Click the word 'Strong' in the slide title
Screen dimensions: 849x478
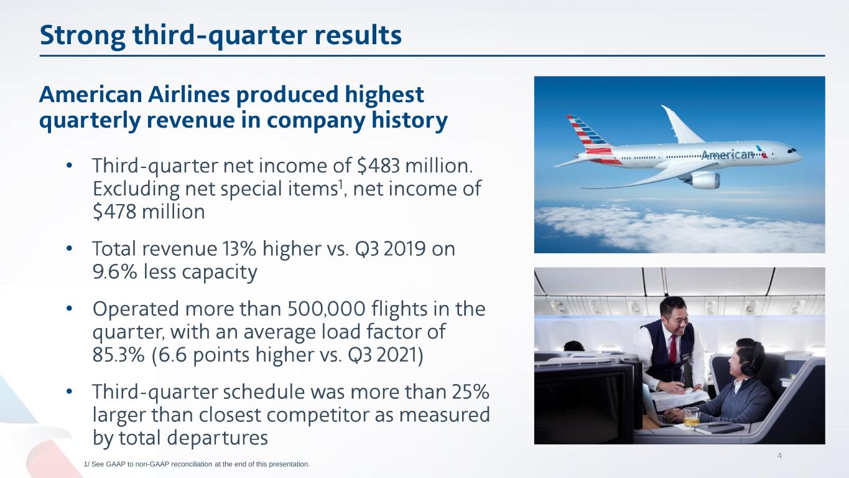82,35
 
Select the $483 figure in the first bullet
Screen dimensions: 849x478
378,166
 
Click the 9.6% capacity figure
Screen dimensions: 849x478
115,272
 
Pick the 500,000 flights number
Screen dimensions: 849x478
326,309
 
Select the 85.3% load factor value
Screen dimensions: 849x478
119,355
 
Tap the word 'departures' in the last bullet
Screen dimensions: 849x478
218,438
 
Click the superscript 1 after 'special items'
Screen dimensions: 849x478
340,184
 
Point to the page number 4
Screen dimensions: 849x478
779,456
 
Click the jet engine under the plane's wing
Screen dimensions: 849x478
702,180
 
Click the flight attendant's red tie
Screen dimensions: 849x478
673,349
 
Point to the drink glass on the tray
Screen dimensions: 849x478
692,416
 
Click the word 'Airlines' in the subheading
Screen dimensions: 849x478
188,95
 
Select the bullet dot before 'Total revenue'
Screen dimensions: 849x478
69,249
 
